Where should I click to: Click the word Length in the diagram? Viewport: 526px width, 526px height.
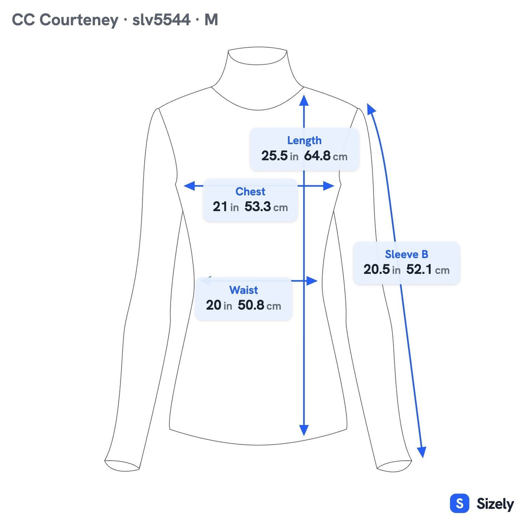pos(304,141)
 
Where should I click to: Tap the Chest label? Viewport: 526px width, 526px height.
pos(250,192)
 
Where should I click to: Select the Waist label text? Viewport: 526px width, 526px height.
pos(243,290)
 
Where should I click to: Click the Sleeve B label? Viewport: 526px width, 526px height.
pos(406,254)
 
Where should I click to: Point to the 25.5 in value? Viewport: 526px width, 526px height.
pos(280,156)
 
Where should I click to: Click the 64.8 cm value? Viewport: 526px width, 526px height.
pos(326,156)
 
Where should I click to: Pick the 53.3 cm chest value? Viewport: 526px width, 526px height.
pos(266,206)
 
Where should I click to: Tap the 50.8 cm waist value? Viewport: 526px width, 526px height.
pos(259,305)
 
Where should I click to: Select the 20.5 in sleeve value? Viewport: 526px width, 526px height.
pos(382,270)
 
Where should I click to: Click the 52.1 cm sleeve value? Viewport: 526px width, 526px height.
pos(428,270)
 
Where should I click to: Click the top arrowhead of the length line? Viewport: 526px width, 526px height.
pos(304,100)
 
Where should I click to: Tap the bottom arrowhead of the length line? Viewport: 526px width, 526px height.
pos(304,430)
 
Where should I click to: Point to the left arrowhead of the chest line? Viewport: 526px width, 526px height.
pos(189,186)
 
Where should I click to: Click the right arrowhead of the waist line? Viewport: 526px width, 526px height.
pos(312,281)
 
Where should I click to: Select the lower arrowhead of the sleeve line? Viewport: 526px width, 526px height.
pos(422,452)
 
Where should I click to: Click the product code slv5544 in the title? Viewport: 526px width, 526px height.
pos(161,20)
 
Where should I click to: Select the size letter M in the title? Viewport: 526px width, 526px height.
pos(211,20)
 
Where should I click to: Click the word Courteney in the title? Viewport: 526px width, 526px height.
pos(79,20)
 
